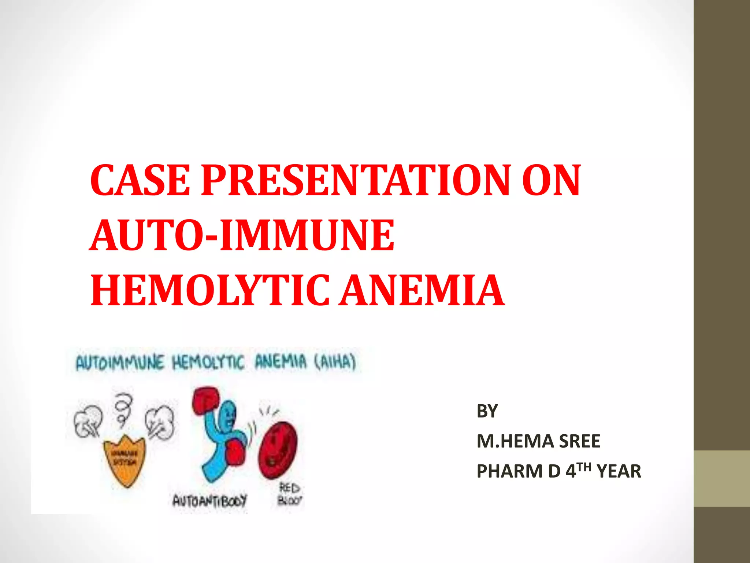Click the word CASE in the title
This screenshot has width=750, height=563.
[140, 180]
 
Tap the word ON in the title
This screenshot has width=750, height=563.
[551, 180]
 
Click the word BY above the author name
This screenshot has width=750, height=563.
[487, 411]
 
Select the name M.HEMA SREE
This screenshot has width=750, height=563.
[538, 441]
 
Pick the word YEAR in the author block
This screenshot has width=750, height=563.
[619, 471]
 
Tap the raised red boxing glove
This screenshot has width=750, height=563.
[205, 401]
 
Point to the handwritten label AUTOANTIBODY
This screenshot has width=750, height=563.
[210, 500]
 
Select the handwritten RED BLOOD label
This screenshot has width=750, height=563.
[289, 494]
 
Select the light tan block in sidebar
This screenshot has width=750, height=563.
[722, 478]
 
